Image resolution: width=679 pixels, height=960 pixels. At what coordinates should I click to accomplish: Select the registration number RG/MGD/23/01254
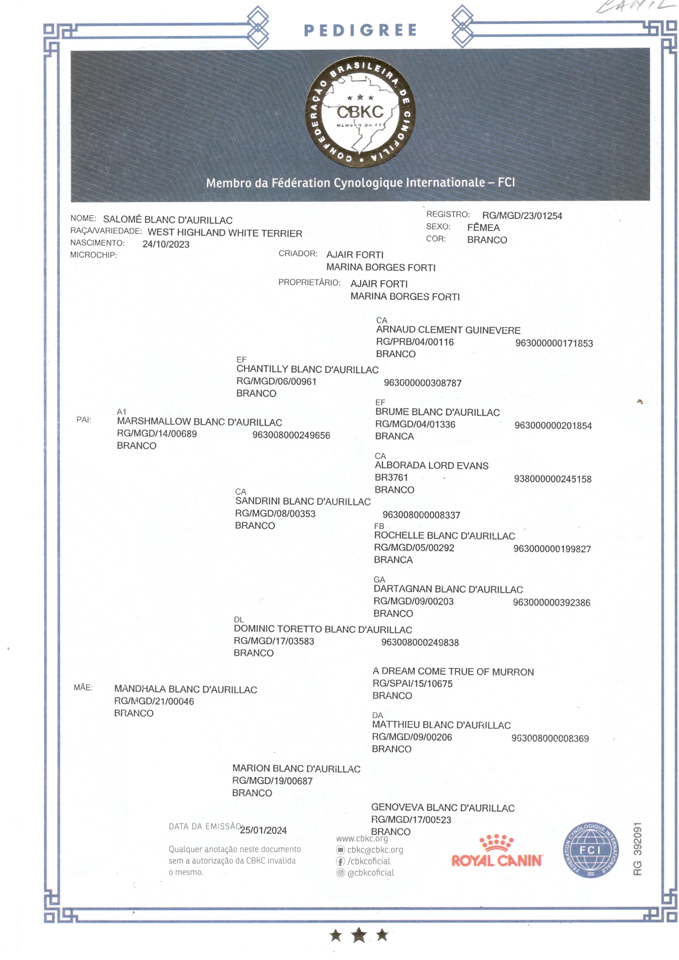(x=522, y=216)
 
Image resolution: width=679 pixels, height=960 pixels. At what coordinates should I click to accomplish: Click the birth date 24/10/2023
(x=166, y=244)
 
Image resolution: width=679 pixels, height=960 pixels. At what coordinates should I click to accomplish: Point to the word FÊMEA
(x=483, y=227)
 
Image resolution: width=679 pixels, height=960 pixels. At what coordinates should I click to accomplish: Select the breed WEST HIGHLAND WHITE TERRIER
(x=225, y=233)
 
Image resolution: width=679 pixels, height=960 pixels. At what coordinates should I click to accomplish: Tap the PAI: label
(x=84, y=420)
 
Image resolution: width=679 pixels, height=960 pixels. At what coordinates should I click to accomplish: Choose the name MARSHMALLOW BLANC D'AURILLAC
(x=199, y=422)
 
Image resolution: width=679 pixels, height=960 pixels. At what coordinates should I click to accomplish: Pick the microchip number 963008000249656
(x=291, y=435)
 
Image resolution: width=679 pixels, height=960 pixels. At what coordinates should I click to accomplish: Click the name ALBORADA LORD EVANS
(x=431, y=466)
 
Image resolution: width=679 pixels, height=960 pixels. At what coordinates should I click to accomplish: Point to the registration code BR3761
(x=391, y=477)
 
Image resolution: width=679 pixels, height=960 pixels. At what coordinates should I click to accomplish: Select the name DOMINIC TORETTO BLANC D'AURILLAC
(x=323, y=629)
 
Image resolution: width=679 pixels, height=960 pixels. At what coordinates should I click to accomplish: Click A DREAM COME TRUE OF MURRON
(x=453, y=672)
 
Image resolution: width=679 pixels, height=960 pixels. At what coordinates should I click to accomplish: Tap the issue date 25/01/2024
(x=263, y=830)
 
